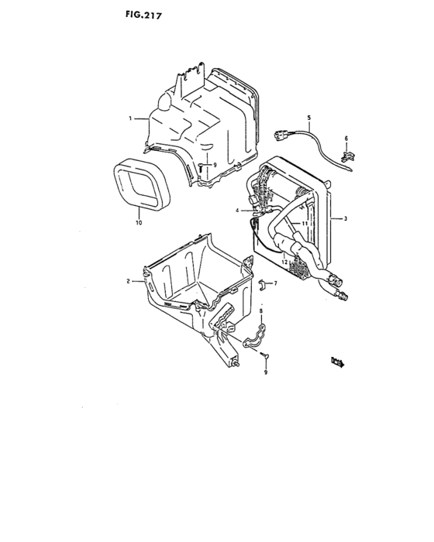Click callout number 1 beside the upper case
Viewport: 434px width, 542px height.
pos(133,118)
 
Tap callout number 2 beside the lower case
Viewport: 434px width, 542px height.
pos(128,281)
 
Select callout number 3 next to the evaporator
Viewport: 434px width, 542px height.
pos(346,219)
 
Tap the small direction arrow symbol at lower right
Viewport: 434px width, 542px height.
pos(337,360)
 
